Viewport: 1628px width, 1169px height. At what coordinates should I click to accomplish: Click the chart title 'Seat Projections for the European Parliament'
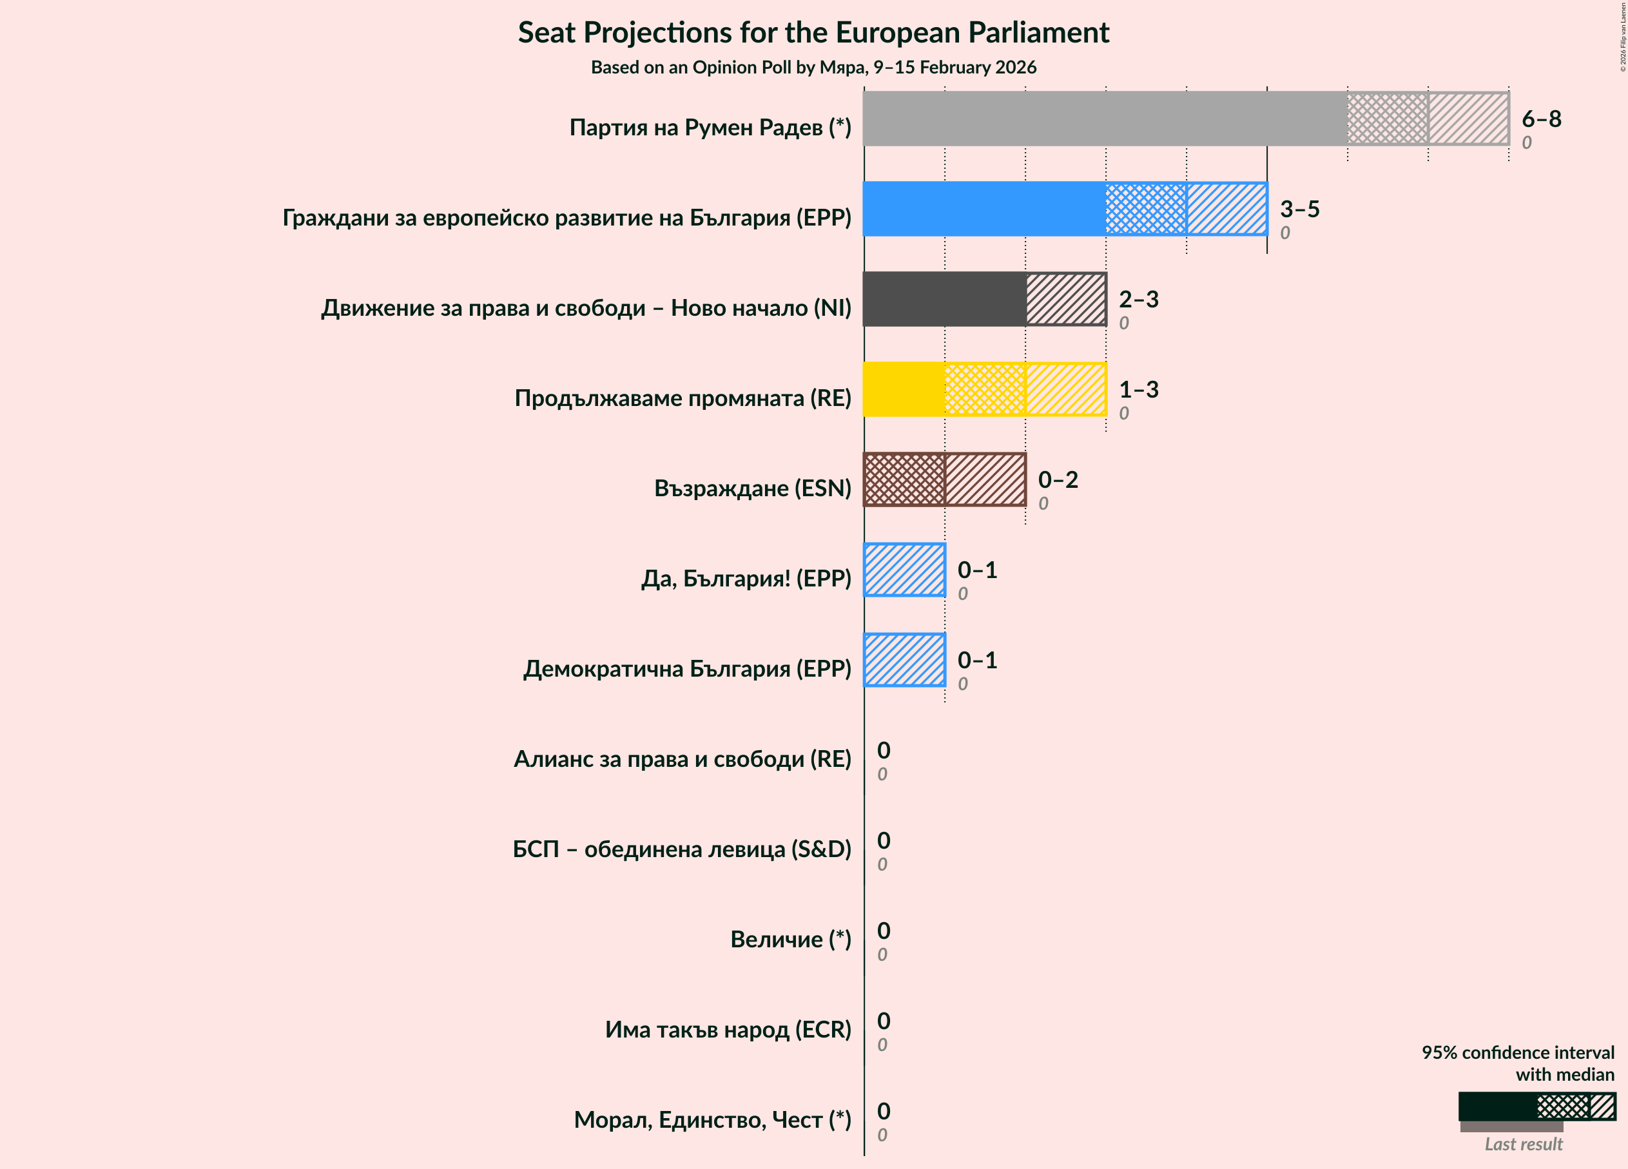[x=813, y=33]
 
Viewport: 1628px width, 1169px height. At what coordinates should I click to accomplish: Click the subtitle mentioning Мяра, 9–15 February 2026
[x=813, y=68]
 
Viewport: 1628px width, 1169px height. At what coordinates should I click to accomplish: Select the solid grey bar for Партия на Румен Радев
[x=1104, y=119]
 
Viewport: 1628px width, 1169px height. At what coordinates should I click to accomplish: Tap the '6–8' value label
[x=1540, y=119]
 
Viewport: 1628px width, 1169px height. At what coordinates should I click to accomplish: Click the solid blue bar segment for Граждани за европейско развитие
[x=984, y=209]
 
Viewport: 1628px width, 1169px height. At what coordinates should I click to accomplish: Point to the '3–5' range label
[x=1299, y=209]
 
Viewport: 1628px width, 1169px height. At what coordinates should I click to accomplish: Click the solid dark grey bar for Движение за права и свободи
[x=944, y=299]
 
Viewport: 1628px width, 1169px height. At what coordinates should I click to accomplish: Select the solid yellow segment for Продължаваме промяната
[x=904, y=390]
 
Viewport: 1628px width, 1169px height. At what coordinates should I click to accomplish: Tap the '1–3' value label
[x=1138, y=390]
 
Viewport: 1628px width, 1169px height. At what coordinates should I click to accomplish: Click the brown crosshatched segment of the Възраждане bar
[x=904, y=479]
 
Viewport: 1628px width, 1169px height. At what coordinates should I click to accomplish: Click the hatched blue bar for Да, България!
[x=904, y=570]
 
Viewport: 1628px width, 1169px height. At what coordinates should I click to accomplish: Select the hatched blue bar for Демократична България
[x=904, y=660]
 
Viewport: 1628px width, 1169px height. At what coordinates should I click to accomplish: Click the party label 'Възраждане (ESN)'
[x=752, y=488]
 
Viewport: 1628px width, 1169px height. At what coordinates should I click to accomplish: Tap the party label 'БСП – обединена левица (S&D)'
[x=681, y=849]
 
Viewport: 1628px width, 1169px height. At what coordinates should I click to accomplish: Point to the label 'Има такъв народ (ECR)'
[x=727, y=1030]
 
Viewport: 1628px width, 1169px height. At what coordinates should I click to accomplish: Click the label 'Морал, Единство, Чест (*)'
[x=712, y=1119]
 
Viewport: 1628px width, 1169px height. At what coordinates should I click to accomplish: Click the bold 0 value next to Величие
[x=884, y=931]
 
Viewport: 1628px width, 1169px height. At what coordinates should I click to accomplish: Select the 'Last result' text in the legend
[x=1523, y=1144]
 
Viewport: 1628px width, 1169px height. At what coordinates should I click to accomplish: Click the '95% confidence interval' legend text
[x=1517, y=1053]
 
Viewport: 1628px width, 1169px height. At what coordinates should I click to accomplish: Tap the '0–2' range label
[x=1058, y=479]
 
